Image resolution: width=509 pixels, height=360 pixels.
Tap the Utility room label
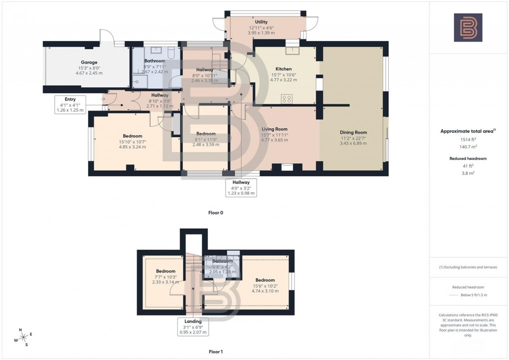pyautogui.click(x=261, y=22)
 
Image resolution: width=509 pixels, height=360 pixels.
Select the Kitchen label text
pyautogui.click(x=283, y=69)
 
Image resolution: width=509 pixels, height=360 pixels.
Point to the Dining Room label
pyautogui.click(x=353, y=132)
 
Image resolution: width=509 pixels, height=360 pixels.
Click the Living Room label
pyautogui.click(x=274, y=129)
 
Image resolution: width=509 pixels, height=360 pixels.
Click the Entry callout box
pyautogui.click(x=70, y=104)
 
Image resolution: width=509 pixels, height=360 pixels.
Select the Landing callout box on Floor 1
pyautogui.click(x=193, y=327)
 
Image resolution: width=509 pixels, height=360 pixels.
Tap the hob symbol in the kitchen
pyautogui.click(x=287, y=99)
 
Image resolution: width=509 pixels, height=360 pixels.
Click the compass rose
pyautogui.click(x=23, y=338)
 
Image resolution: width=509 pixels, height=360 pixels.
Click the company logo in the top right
pyautogui.click(x=468, y=27)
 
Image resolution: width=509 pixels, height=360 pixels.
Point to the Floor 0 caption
pyautogui.click(x=216, y=213)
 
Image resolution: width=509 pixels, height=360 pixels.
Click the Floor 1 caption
pyautogui.click(x=216, y=352)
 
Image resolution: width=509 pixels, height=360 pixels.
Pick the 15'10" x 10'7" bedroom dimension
pyautogui.click(x=133, y=142)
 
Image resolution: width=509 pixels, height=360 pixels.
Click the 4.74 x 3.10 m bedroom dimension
pyautogui.click(x=265, y=291)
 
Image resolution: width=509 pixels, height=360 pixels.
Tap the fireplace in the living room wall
pyautogui.click(x=287, y=168)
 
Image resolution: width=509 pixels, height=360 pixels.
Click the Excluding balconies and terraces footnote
pyautogui.click(x=468, y=267)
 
